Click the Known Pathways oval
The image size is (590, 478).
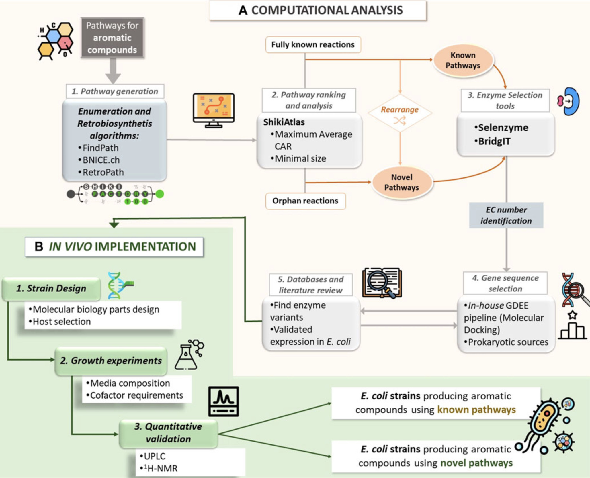463,60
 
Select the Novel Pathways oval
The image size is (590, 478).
402,182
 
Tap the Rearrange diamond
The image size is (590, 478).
400,113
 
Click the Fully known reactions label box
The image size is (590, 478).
313,45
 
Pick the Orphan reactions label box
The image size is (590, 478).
305,201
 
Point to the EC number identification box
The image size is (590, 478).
506,215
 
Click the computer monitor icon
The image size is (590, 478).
214,110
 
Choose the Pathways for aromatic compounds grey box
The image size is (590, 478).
112,38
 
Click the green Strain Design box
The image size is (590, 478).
51,288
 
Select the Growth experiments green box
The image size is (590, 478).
111,361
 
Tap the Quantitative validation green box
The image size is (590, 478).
168,433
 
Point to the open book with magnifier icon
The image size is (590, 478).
382,283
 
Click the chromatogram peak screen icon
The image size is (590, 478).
223,401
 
